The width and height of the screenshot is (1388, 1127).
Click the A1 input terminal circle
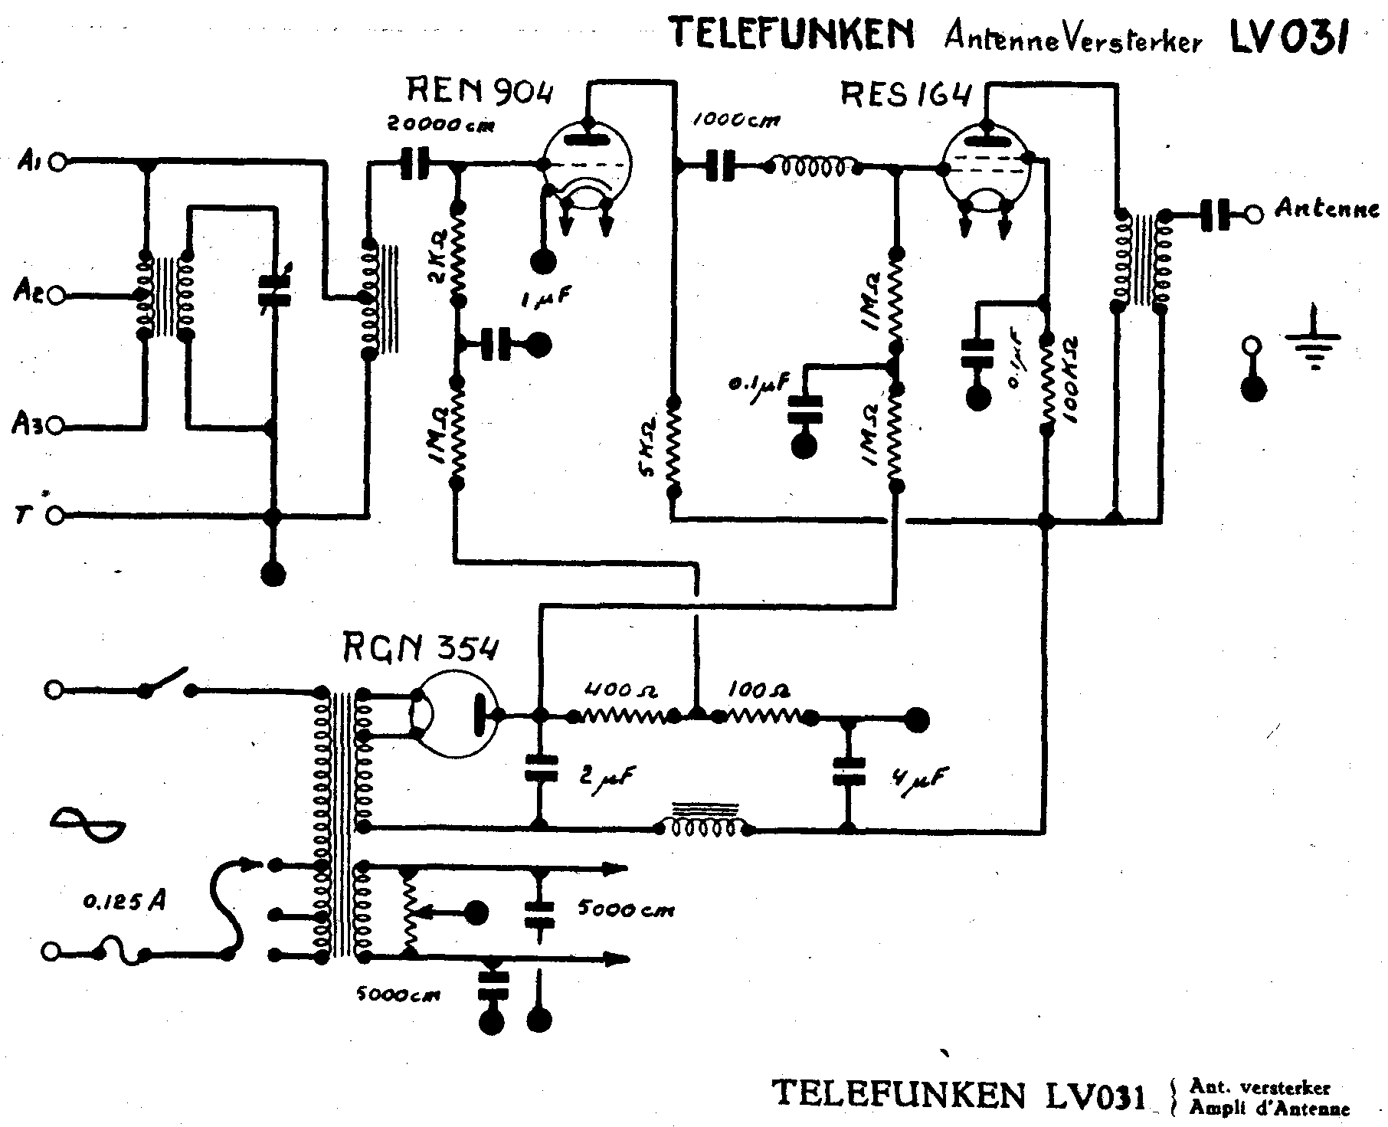(x=56, y=162)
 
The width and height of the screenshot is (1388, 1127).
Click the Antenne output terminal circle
(x=1254, y=214)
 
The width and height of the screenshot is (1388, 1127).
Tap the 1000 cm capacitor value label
(x=737, y=121)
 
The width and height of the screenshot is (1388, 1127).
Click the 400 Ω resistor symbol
(x=620, y=717)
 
